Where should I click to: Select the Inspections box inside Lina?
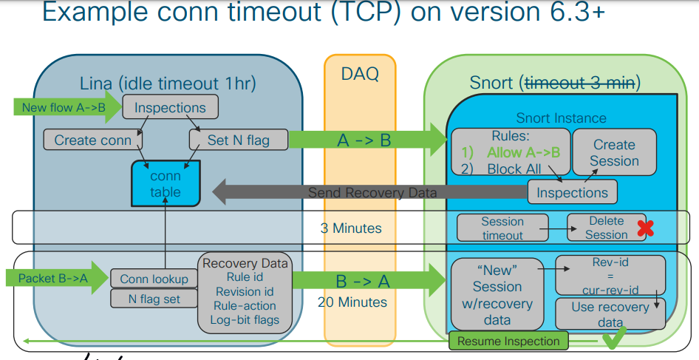pos(170,107)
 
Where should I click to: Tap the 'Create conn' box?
pos(93,140)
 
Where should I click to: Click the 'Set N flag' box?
pos(238,140)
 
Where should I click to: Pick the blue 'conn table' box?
pos(166,184)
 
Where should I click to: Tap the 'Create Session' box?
pos(614,153)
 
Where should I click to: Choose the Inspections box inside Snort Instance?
pos(572,192)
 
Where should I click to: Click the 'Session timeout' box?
pos(502,228)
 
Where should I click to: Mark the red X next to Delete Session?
pos(645,228)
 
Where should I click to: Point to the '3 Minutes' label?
pos(351,228)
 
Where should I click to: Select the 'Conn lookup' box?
pos(154,279)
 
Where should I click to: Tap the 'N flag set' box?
pos(154,299)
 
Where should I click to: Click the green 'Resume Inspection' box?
pos(508,341)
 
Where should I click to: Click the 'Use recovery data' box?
pos(610,313)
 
